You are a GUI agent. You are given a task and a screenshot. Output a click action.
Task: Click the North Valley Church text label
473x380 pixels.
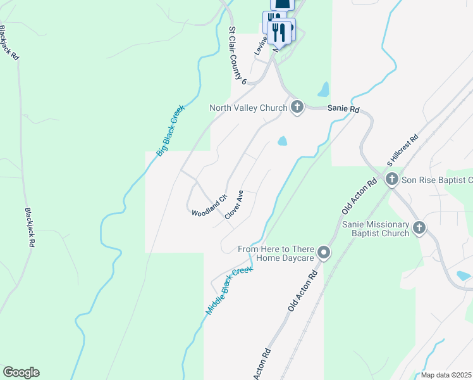tap(249, 108)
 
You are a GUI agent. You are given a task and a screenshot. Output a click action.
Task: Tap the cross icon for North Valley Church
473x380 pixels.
tap(297, 107)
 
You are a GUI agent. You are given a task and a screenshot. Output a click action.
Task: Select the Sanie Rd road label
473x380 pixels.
tap(343, 109)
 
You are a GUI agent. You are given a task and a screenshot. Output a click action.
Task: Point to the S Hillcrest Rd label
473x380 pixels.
tap(403, 150)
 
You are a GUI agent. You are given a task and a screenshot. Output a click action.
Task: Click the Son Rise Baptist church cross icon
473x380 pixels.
tap(391, 180)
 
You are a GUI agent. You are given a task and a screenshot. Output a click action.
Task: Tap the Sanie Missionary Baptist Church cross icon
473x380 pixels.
tap(419, 228)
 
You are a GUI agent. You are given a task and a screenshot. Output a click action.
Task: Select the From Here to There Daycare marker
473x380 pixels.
tap(324, 253)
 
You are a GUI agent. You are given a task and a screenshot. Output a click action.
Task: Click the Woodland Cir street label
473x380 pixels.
tap(209, 205)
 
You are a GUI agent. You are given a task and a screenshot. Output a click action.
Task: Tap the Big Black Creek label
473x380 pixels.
tap(170, 130)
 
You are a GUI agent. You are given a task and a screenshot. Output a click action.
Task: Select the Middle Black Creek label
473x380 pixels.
tap(229, 291)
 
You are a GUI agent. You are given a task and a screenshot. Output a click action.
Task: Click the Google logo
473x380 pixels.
tap(21, 372)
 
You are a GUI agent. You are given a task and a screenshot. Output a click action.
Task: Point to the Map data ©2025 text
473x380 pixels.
tap(446, 375)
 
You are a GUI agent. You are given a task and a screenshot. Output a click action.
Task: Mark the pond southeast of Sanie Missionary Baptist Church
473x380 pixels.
tap(464, 276)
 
